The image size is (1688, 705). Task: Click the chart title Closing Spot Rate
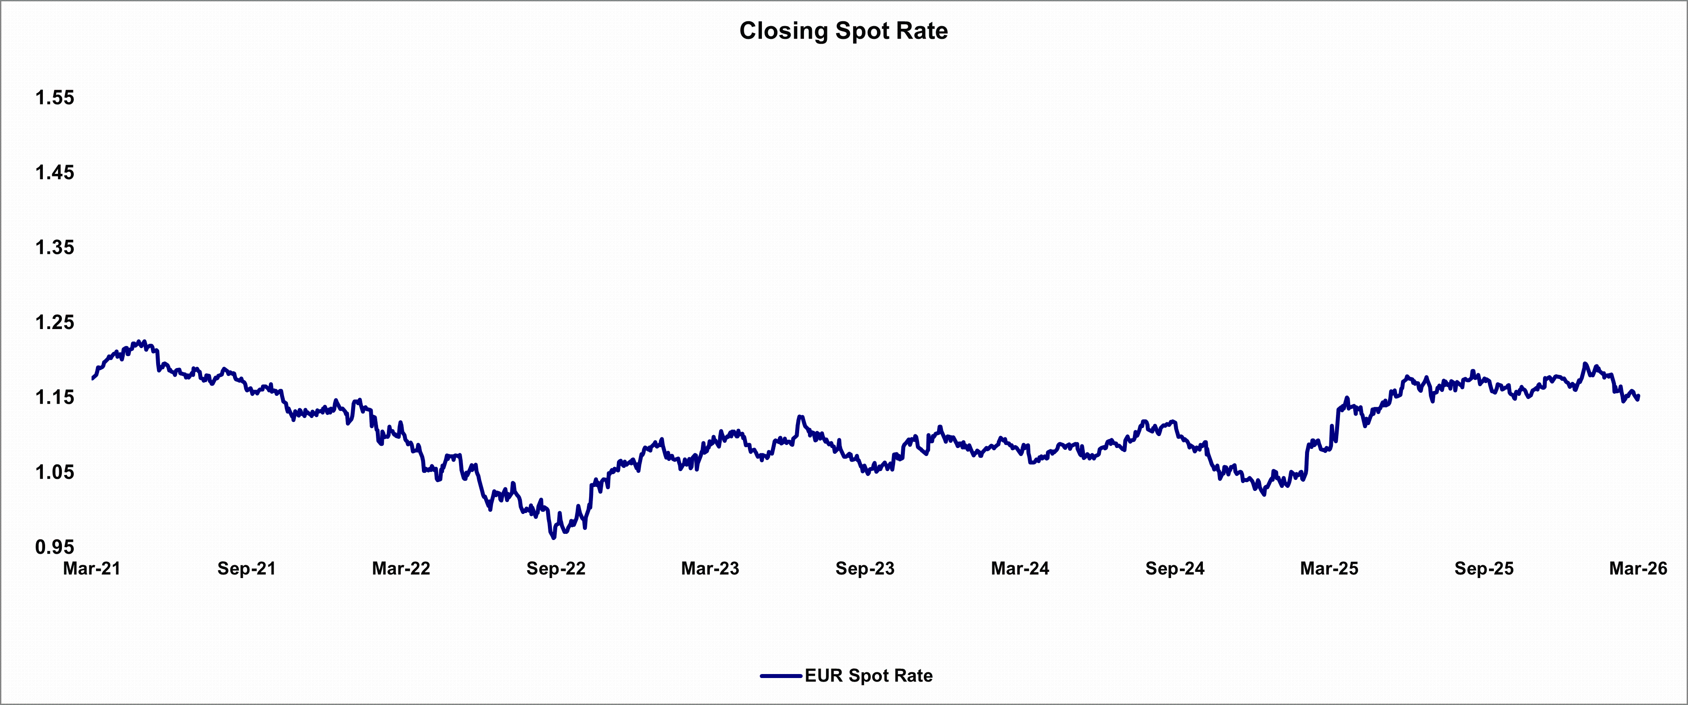(x=843, y=31)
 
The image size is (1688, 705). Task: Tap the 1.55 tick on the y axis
(x=55, y=98)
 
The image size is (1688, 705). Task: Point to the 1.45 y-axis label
(x=55, y=172)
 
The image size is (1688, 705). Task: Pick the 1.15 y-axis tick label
(x=55, y=397)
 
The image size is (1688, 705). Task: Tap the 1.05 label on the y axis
(x=55, y=472)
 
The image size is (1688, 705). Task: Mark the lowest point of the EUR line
(x=554, y=538)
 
